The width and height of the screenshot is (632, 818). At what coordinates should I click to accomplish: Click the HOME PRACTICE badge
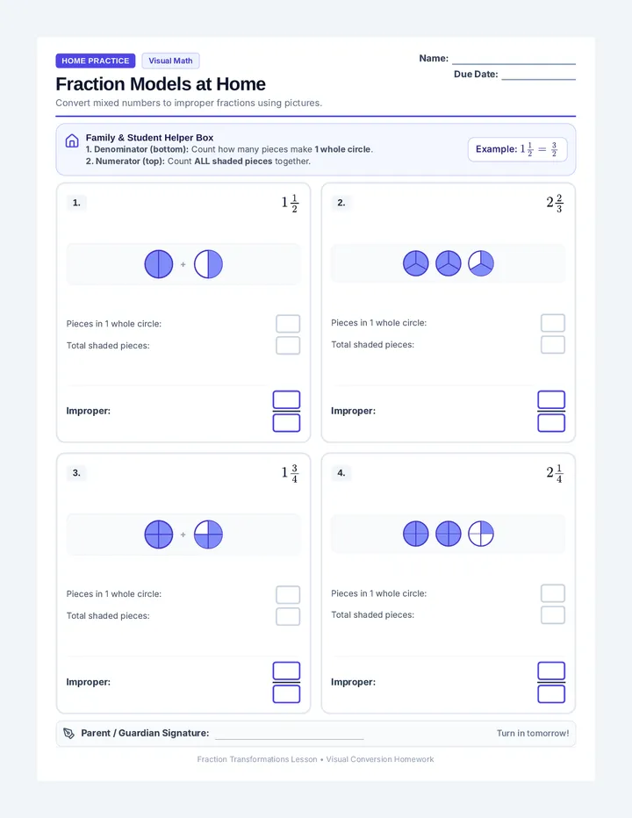[96, 61]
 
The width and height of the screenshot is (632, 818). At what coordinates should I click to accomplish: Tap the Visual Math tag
[170, 61]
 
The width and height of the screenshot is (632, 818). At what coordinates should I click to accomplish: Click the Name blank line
[513, 64]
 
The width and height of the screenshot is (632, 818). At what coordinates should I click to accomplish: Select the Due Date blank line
[539, 79]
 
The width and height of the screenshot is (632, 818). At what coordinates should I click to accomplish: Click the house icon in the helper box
[72, 140]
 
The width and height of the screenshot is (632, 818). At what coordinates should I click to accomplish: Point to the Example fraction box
[517, 149]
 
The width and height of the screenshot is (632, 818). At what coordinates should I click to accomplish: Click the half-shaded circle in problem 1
[208, 264]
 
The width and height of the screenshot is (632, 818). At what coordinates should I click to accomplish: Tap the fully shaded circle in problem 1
[159, 264]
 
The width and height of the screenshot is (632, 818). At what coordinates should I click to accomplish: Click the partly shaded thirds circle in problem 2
[481, 263]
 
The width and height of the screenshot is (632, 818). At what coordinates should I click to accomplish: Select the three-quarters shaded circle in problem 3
[208, 535]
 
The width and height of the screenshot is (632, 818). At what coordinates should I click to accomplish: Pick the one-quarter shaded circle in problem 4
[481, 534]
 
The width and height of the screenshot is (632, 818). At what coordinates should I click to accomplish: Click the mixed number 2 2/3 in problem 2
[555, 203]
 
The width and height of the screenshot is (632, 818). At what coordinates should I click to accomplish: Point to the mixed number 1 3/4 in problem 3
[290, 473]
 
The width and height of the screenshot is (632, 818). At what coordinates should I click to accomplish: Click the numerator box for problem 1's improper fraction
[286, 399]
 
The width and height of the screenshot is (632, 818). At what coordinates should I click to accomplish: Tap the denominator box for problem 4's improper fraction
[551, 694]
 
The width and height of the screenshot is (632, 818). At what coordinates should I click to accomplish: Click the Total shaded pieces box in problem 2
[553, 344]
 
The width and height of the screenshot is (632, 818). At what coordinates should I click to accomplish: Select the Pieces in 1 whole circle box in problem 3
[288, 594]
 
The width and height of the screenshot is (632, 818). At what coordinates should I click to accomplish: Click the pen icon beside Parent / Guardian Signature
[68, 734]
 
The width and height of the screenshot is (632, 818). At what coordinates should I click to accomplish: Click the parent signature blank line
[289, 739]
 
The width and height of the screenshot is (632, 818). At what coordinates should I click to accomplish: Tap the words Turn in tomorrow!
[533, 733]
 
